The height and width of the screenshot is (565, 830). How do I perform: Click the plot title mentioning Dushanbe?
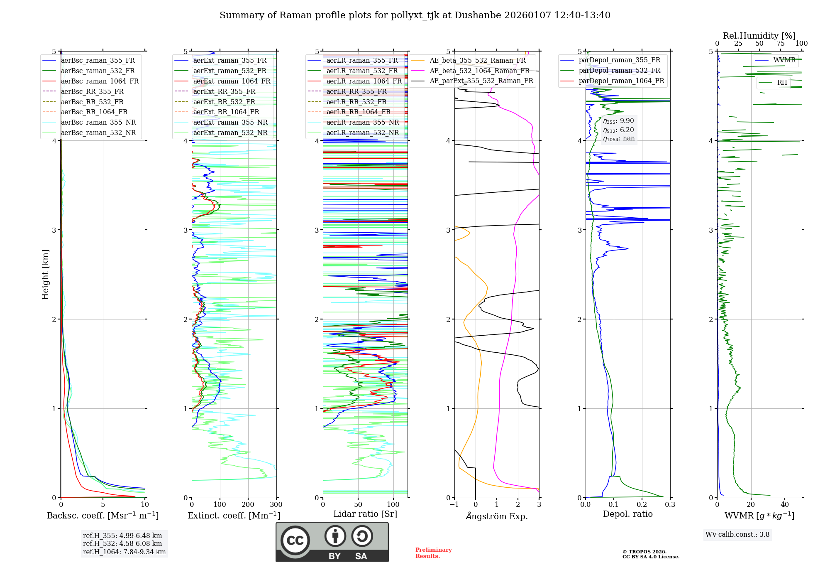click(415, 15)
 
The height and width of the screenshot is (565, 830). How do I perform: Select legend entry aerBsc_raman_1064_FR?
click(100, 81)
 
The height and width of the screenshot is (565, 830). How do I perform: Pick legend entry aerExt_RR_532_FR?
click(224, 102)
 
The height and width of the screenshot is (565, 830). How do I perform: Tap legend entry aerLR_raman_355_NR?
click(362, 122)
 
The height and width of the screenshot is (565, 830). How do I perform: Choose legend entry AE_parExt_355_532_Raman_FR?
click(481, 81)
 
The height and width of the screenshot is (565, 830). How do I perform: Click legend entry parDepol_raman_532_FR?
click(619, 70)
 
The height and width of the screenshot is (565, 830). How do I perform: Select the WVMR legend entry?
click(784, 60)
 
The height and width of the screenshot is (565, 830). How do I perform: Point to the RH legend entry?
click(782, 83)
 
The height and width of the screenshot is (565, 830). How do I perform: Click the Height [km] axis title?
click(45, 275)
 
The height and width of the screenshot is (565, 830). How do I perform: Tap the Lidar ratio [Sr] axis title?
click(365, 514)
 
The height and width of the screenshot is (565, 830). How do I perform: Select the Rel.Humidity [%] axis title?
click(759, 36)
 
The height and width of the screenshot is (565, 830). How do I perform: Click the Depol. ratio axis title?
click(627, 514)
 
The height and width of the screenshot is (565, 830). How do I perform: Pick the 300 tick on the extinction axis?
click(276, 505)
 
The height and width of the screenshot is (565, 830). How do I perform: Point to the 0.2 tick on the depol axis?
click(642, 505)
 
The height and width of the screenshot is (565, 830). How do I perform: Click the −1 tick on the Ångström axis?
click(454, 505)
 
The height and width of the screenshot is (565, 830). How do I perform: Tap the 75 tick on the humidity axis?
click(781, 44)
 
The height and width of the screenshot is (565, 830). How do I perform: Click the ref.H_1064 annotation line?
click(124, 552)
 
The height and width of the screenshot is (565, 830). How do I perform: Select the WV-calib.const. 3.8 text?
click(737, 534)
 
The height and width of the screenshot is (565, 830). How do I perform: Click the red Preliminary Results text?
click(433, 553)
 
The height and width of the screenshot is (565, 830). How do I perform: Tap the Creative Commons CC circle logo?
click(295, 540)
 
